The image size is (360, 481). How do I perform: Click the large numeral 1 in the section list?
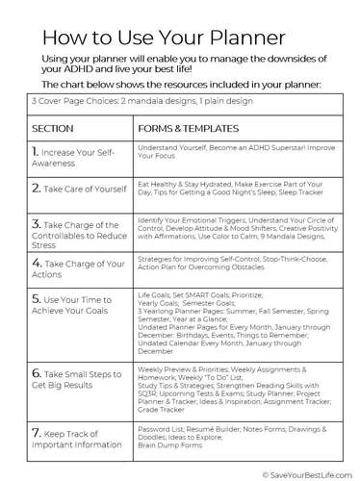(x=36, y=152)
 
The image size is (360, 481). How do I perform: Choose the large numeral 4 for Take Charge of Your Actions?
(x=36, y=262)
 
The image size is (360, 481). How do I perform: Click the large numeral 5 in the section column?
(x=36, y=300)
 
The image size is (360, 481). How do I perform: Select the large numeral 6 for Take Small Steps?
(x=36, y=370)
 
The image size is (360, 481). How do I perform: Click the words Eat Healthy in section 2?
(x=158, y=180)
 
